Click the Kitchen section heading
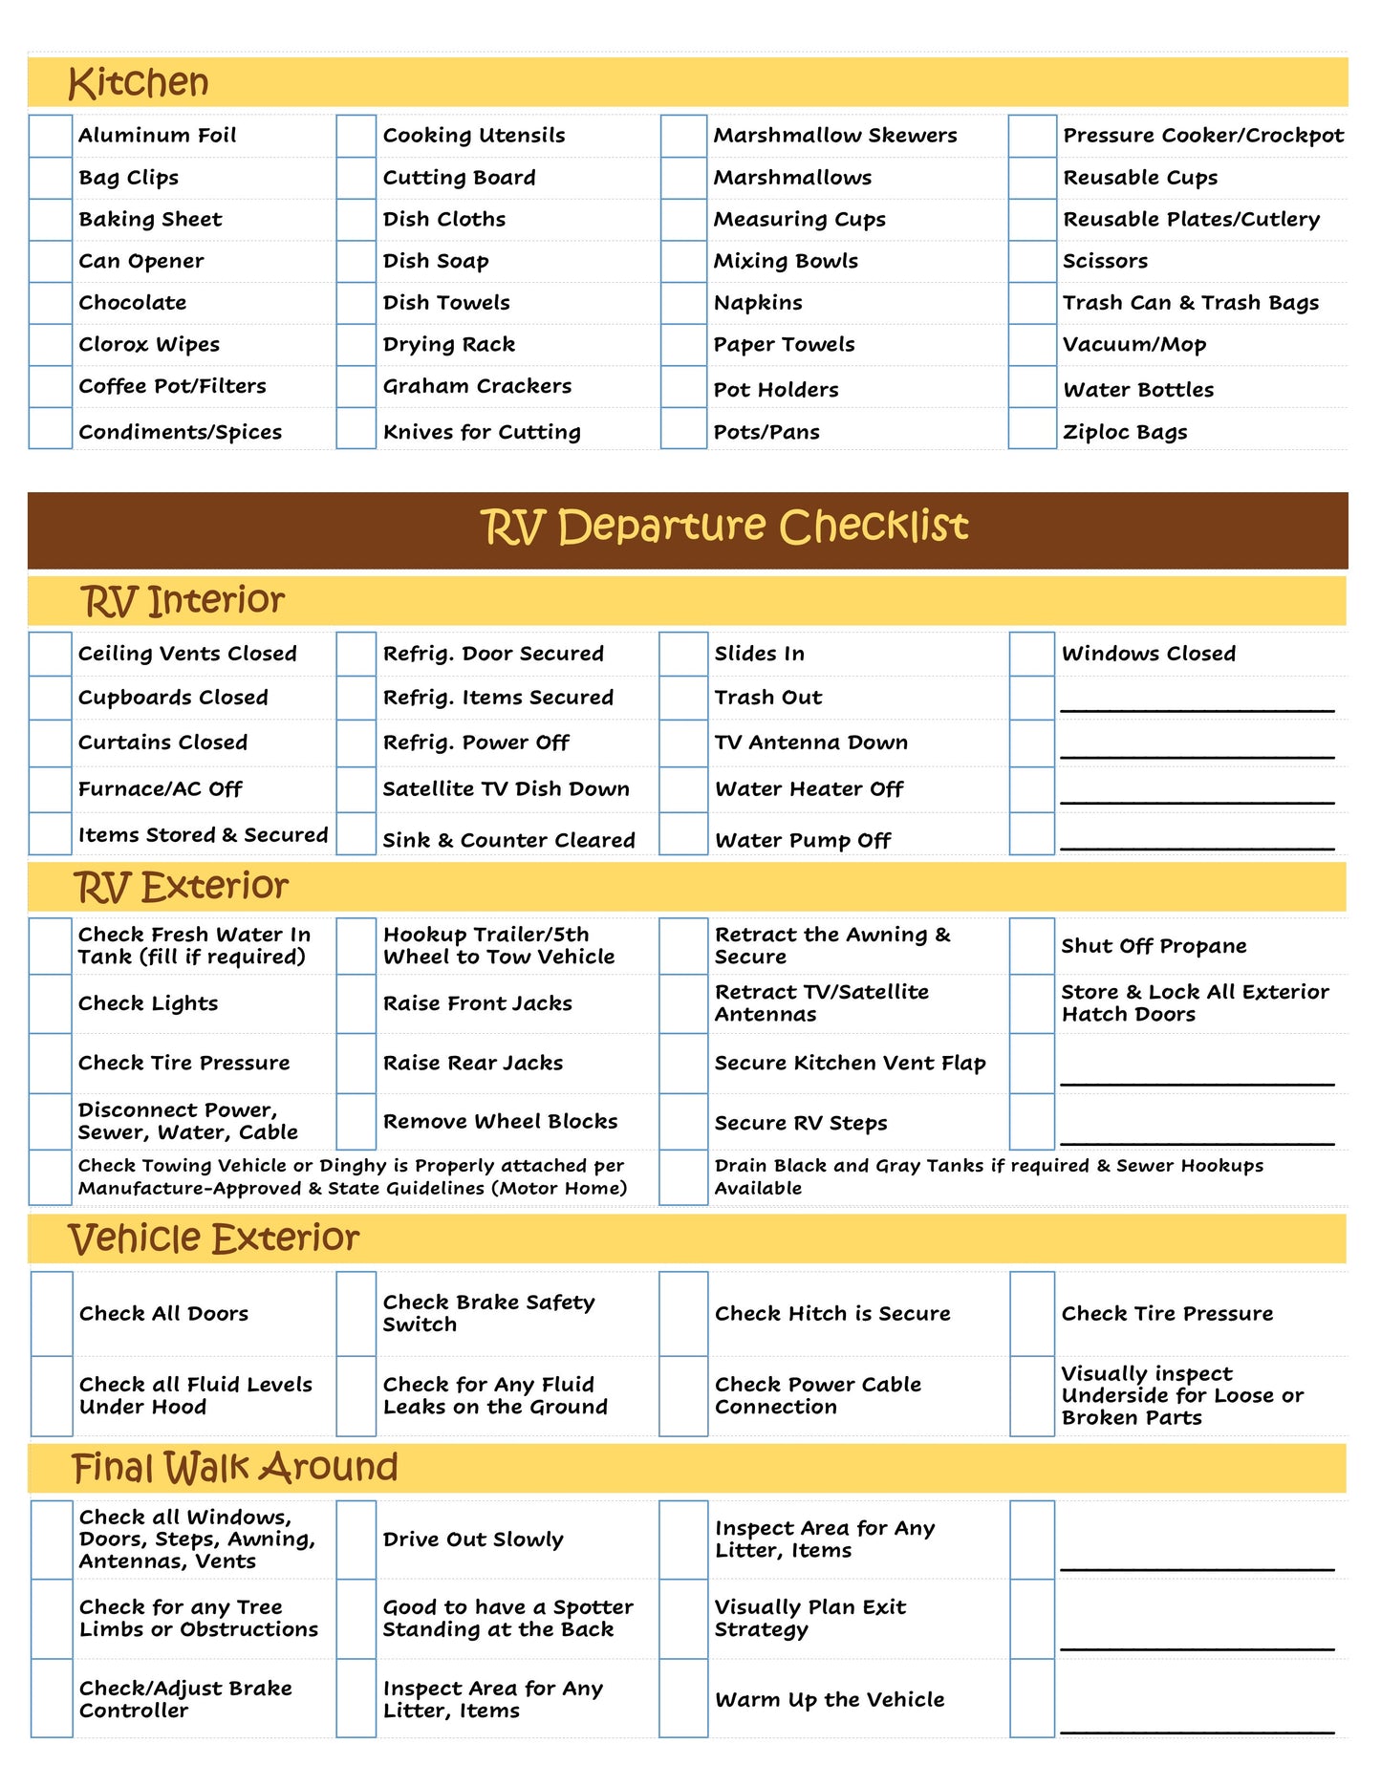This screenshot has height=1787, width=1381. (139, 83)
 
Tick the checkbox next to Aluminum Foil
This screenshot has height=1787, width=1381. (51, 136)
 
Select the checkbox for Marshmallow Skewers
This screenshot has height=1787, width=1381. (683, 136)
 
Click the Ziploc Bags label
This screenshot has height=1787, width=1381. (1125, 432)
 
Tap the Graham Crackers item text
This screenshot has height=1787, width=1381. (477, 386)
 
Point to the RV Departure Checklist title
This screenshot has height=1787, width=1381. (723, 527)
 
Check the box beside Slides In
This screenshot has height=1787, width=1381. (683, 654)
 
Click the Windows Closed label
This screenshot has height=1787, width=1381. (1148, 654)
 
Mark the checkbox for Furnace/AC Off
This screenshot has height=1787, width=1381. (51, 789)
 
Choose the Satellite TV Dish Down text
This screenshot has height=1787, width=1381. (506, 789)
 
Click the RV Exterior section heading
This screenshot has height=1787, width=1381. (182, 887)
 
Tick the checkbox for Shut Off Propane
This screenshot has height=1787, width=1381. (1032, 946)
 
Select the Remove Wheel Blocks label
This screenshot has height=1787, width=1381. (500, 1121)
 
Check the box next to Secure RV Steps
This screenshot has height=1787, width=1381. (683, 1122)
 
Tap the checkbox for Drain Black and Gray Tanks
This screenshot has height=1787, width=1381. (683, 1177)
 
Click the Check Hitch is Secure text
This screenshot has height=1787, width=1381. (832, 1314)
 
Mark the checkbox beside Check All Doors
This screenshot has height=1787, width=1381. (52, 1314)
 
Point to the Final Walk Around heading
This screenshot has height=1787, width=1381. (235, 1468)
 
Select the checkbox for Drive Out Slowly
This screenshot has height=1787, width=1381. (356, 1539)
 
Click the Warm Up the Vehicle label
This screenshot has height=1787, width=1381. (830, 1700)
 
